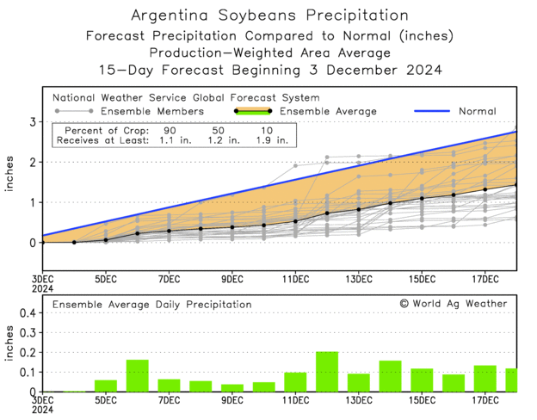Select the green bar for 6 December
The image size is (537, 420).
tap(138, 376)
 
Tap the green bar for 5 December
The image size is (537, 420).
tap(106, 386)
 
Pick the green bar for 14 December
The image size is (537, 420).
tap(391, 376)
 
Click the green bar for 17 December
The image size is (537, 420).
tap(485, 379)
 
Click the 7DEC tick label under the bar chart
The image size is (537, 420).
tap(169, 401)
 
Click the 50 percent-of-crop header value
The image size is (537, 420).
tap(219, 128)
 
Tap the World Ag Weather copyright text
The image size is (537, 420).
tap(454, 303)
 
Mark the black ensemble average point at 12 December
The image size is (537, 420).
tap(327, 213)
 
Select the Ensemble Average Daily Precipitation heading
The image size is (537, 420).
tap(152, 304)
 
